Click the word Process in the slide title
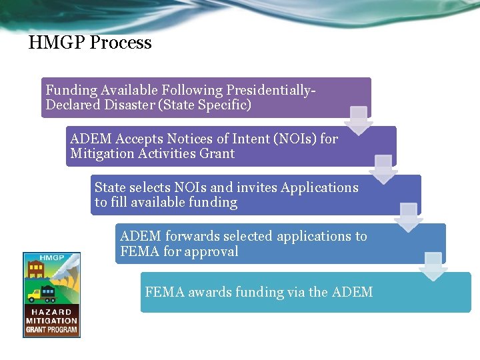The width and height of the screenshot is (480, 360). (121, 43)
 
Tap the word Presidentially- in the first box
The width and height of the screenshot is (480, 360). (271, 90)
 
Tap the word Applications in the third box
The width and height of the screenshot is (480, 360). (320, 187)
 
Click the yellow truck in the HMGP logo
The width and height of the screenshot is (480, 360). (35, 294)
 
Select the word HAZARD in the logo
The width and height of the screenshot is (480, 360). (51, 312)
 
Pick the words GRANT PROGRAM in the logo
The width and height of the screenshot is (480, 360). (51, 329)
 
